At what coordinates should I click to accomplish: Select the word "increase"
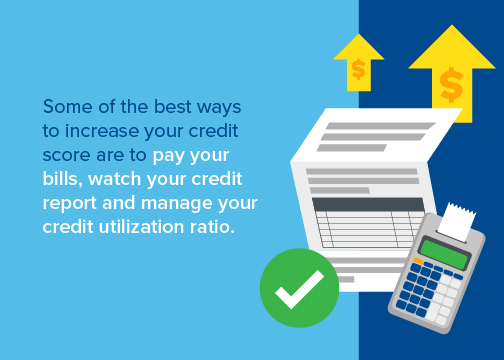coord(102,131)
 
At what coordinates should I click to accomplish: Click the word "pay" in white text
coord(167,156)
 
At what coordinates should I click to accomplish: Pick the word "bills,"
coord(63,179)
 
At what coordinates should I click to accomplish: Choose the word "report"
coord(70,204)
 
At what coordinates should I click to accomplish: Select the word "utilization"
coord(141,227)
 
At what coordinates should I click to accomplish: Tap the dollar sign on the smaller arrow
coord(359,69)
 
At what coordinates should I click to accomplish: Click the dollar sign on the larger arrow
coord(451,85)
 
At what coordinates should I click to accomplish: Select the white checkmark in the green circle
coord(299,289)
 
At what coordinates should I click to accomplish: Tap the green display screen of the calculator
coord(445,253)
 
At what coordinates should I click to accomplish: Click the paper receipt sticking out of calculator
coord(456,221)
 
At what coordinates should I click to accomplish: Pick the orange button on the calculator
coord(418,261)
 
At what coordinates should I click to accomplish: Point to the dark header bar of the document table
coord(368,204)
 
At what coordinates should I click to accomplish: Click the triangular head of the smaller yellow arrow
coord(359,48)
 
